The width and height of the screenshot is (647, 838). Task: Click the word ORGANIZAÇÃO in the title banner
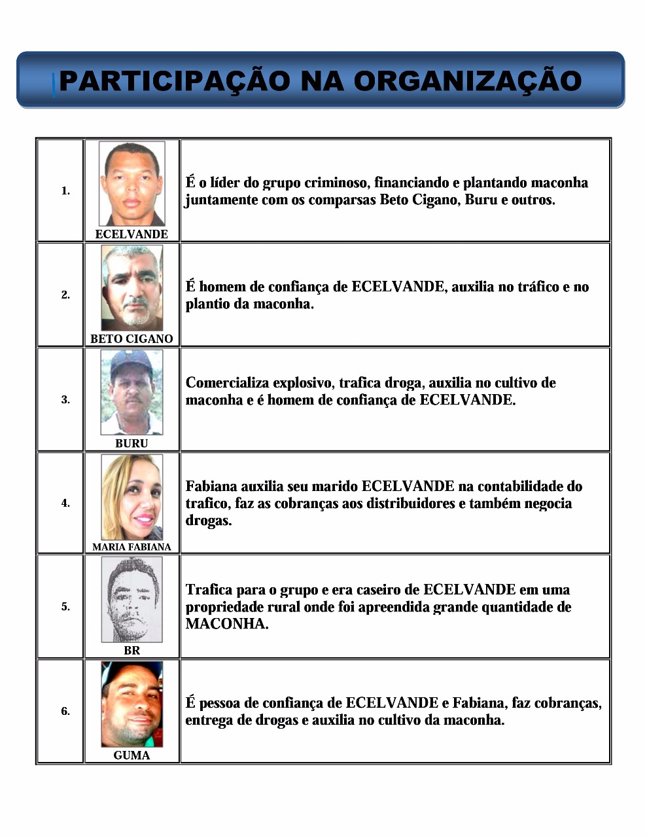[x=468, y=82]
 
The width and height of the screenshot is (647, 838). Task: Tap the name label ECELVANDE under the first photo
[x=131, y=234]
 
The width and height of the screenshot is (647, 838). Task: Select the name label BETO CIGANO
[x=131, y=338]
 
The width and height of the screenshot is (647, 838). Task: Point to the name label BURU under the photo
[x=131, y=443]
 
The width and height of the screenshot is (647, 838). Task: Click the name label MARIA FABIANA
[x=131, y=547]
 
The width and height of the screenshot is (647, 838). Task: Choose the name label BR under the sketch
[x=131, y=650]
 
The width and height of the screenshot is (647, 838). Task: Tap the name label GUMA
[x=131, y=755]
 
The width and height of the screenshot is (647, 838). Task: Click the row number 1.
[x=65, y=191]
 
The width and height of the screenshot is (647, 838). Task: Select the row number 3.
[x=65, y=399]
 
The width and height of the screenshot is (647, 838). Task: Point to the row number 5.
[x=65, y=607]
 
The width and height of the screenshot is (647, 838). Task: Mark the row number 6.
[x=65, y=711]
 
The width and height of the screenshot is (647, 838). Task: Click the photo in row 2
[x=131, y=288]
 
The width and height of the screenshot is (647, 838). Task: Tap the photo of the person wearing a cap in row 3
[x=131, y=392]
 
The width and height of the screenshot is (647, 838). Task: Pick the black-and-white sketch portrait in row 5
[x=131, y=600]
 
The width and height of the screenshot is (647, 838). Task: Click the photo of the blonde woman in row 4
[x=131, y=497]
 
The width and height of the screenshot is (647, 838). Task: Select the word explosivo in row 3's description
[x=304, y=383]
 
